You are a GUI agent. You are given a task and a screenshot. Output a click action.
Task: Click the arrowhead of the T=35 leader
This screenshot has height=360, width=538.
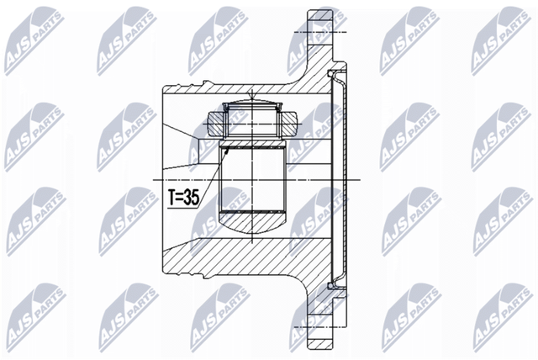226,150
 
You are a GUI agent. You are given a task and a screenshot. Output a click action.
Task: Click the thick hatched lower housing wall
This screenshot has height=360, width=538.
252,257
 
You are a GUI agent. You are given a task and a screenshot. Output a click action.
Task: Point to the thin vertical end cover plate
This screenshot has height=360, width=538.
342,180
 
